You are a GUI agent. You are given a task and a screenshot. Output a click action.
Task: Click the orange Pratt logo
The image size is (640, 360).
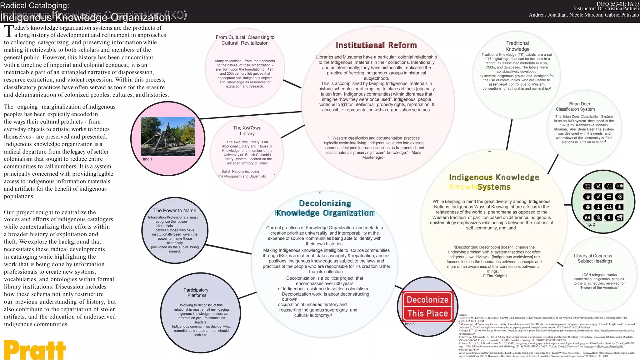35,350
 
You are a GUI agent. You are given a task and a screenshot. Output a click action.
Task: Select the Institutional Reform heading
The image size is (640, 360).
376,45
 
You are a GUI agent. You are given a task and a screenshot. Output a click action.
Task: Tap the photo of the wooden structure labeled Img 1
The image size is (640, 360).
168,136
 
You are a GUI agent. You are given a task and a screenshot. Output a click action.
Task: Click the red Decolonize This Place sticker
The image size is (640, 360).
427,307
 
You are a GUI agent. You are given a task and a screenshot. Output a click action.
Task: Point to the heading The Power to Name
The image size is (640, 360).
175,211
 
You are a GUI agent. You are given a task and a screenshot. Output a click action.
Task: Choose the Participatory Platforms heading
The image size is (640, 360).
196,292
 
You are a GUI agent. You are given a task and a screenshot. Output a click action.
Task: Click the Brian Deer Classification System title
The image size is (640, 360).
576,107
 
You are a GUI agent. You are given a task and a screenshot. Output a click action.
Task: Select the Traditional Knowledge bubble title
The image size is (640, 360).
517,46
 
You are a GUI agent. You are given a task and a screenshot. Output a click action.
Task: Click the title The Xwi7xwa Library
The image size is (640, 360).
247,131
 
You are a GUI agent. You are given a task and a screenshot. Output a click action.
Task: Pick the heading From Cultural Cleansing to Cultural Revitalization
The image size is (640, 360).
245,40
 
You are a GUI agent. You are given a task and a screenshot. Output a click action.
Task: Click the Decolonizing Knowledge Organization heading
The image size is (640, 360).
325,208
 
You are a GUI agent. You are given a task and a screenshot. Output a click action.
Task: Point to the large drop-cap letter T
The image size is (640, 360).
9,32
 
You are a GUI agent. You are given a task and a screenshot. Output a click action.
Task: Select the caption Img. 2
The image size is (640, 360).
590,224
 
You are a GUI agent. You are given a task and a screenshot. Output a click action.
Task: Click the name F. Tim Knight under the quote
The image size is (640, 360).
494,276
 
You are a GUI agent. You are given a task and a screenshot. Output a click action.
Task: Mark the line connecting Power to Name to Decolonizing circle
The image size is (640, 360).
228,249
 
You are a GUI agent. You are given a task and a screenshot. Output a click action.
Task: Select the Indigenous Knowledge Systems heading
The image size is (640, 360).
494,182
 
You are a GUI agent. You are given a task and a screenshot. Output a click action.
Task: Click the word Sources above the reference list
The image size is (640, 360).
462,315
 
